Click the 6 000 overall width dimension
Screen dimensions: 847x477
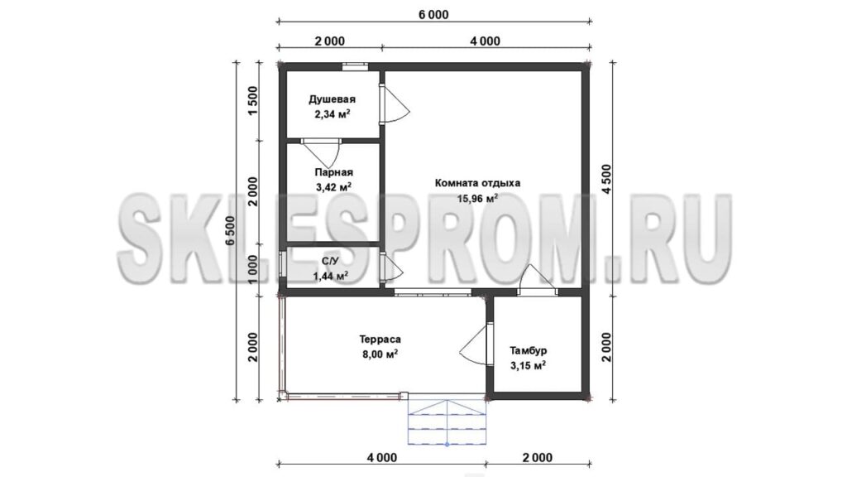pyautogui.click(x=433, y=15)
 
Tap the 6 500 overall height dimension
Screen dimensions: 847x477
pyautogui.click(x=232, y=231)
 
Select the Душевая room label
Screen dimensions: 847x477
pyautogui.click(x=333, y=99)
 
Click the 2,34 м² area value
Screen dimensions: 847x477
pyautogui.click(x=333, y=114)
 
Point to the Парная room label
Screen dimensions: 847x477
pyautogui.click(x=334, y=172)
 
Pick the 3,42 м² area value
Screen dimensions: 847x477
pyautogui.click(x=334, y=187)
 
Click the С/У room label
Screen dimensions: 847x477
pyautogui.click(x=330, y=262)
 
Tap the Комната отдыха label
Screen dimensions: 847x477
pyautogui.click(x=477, y=183)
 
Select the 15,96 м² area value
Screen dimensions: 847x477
pyautogui.click(x=477, y=198)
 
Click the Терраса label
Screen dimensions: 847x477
pyautogui.click(x=380, y=340)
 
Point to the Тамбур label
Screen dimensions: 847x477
pyautogui.click(x=529, y=350)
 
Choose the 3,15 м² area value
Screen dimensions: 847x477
pyautogui.click(x=528, y=365)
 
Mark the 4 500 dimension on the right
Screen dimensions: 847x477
pyautogui.click(x=606, y=179)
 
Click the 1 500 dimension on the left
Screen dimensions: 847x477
pyautogui.click(x=253, y=101)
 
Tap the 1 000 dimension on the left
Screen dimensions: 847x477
pyautogui.click(x=253, y=269)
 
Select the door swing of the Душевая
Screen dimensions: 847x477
pyautogui.click(x=395, y=105)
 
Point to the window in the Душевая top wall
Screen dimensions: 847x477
pyautogui.click(x=355, y=66)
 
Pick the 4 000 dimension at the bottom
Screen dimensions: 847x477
pyautogui.click(x=382, y=457)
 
